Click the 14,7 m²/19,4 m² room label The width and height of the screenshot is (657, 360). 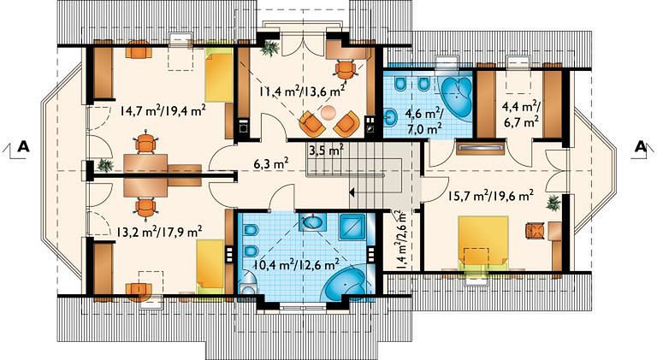click(163, 111)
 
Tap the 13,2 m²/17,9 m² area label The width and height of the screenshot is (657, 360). click(159, 232)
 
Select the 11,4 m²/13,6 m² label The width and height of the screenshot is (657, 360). click(302, 90)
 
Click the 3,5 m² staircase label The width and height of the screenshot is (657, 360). click(327, 150)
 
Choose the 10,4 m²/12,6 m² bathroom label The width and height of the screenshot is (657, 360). click(297, 264)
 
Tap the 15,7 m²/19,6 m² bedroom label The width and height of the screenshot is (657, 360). click(491, 195)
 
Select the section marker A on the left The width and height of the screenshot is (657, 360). click(23, 146)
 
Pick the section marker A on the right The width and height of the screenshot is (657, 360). click(640, 146)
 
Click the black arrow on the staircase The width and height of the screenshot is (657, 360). click(352, 192)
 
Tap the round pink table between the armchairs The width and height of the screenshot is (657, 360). click(328, 112)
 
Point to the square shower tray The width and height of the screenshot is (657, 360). click(352, 227)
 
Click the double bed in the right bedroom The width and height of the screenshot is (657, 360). click(483, 243)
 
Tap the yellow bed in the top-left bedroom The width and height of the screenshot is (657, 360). click(219, 78)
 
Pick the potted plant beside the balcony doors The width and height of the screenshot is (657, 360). click(269, 48)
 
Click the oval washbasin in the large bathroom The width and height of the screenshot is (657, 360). click(311, 222)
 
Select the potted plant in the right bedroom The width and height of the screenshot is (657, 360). click(553, 203)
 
